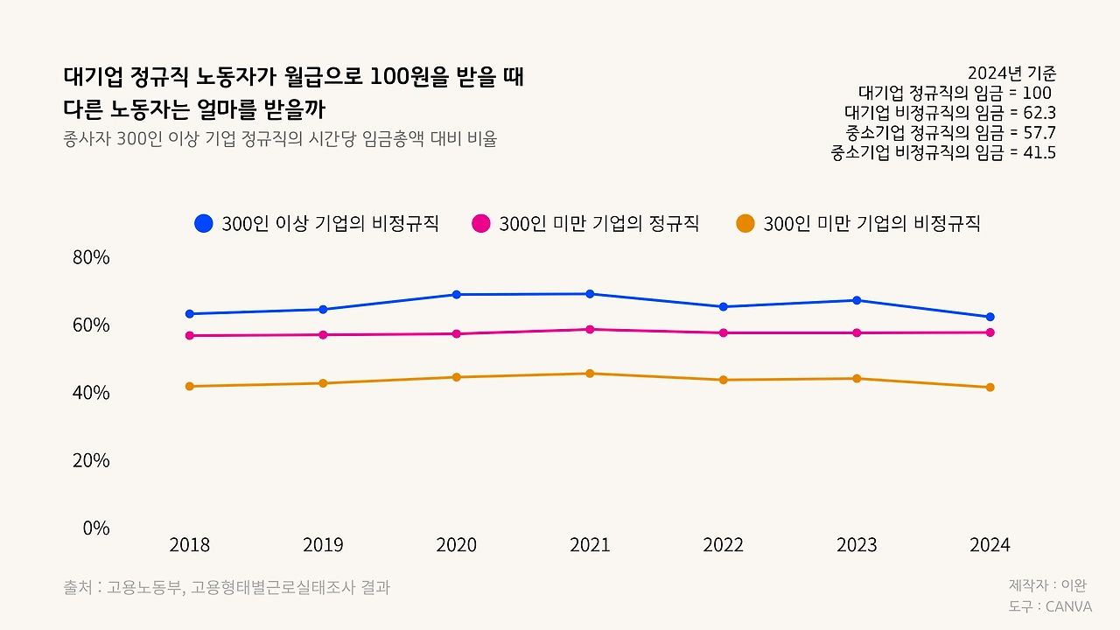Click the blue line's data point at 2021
590,294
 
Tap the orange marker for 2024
990,388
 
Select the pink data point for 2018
190,336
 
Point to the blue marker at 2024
990,317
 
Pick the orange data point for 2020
457,377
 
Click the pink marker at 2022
724,332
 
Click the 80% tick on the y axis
91,257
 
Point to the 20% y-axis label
91,460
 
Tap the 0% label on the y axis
96,528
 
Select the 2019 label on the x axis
323,545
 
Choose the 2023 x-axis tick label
857,545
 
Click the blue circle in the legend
204,223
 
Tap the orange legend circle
745,223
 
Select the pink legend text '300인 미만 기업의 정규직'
598,223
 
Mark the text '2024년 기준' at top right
1011,73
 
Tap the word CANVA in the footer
1068,606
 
